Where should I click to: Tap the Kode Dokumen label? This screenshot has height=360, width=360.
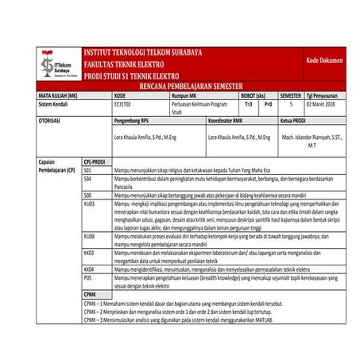tap(324, 60)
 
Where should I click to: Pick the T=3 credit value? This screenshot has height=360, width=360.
tap(249, 104)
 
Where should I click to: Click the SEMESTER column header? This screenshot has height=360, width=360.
tap(291, 95)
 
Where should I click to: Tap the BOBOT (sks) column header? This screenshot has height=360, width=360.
tap(252, 95)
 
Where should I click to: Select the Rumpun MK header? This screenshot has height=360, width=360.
tap(184, 95)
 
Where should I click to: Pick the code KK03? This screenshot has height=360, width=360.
tap(89, 252)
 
